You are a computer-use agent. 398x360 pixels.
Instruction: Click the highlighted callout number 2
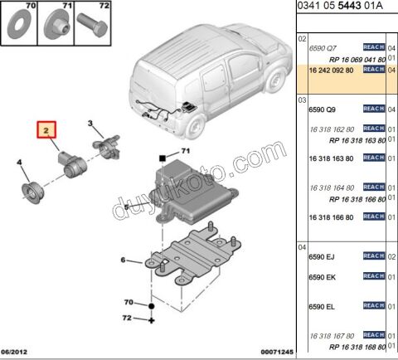47,130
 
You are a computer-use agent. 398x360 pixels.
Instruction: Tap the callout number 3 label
90,124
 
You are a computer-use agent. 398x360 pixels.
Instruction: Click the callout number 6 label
124,260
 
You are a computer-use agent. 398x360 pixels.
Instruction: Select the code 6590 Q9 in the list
322,109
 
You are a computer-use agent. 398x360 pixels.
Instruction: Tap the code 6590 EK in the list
322,276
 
